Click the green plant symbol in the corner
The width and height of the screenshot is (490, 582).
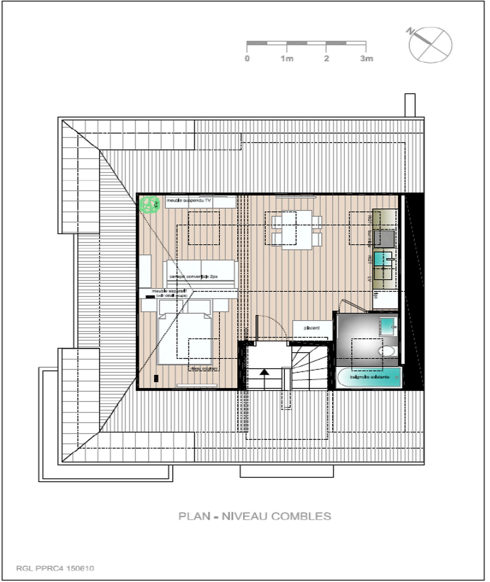150,205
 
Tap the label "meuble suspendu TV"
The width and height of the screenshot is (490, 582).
189,200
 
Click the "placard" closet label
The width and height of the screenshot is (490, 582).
312,328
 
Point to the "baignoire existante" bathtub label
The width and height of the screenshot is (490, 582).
370,377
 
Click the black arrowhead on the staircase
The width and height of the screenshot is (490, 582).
264,372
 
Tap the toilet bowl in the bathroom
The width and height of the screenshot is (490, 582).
387,351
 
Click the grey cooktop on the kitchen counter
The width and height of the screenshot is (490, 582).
384,238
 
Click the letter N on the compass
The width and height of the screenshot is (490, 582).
410,31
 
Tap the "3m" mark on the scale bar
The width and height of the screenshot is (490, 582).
366,59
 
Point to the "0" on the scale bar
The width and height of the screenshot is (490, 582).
247,59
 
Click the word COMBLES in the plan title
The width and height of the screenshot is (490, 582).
301,516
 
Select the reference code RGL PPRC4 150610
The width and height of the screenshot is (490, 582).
55,568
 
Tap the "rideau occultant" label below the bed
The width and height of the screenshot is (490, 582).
204,368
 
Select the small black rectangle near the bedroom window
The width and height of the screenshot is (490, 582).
156,378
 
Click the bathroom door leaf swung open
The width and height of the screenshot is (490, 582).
354,305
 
